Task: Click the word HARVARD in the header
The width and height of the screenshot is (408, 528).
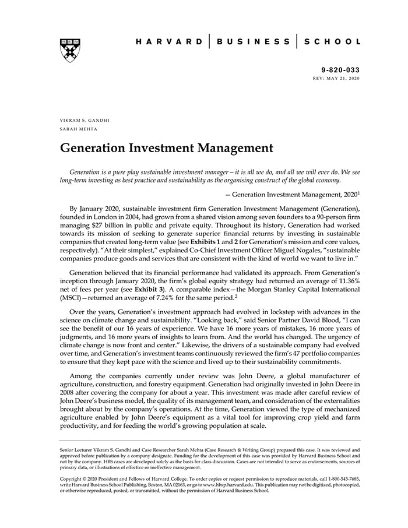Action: [169, 42]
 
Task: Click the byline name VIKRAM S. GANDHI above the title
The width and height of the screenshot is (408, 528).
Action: [85, 121]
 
